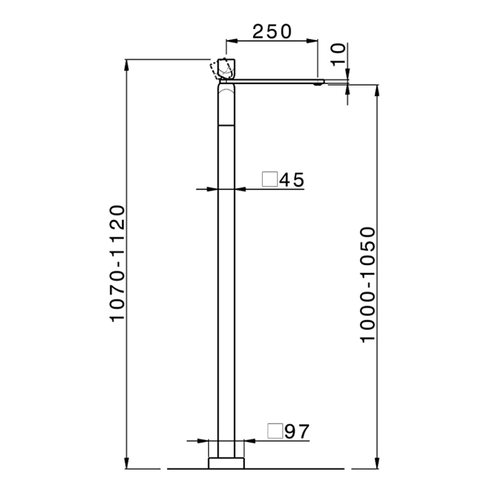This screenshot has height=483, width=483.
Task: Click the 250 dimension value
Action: pos(272,32)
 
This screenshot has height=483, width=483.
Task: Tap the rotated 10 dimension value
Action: pos(338,55)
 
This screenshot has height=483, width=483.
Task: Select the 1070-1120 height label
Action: pos(117,264)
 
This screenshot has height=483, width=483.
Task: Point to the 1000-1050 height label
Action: pos(368,285)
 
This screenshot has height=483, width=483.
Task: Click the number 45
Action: pos(292,180)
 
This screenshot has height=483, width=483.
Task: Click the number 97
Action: pos(297,431)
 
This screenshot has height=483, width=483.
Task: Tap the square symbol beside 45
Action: pos(270,179)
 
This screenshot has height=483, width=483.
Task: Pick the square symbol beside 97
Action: pos(275,431)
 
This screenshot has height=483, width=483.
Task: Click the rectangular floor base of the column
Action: pos(226,463)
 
